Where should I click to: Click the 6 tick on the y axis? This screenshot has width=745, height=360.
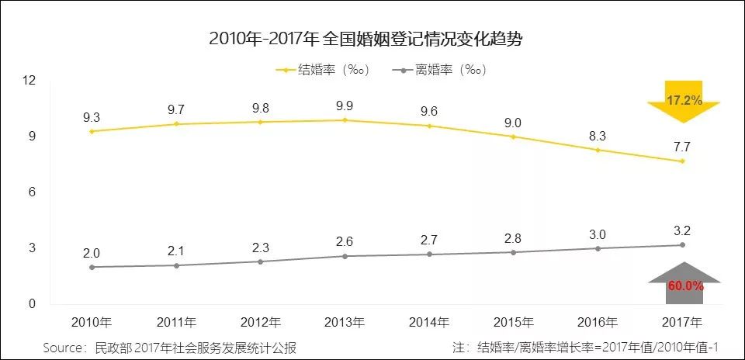coord(33,192)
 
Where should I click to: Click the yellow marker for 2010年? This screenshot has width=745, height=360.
coord(92,131)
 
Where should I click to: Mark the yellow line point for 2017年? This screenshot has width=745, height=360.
coord(682,161)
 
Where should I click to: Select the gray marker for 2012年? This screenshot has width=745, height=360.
coord(261,261)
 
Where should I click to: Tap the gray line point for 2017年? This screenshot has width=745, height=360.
coord(682,244)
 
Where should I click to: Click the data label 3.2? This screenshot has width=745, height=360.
coord(682,230)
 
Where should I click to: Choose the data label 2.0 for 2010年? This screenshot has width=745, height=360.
coord(92,252)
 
